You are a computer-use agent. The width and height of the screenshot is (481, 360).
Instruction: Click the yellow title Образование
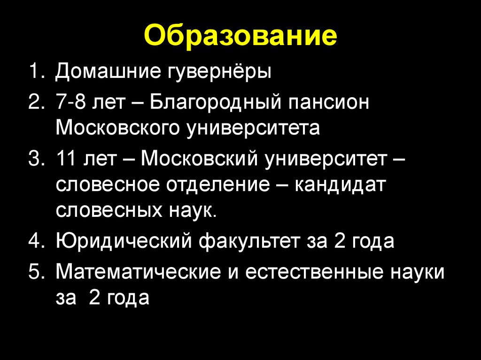[240, 37]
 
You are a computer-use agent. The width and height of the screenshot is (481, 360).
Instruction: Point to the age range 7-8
[71, 103]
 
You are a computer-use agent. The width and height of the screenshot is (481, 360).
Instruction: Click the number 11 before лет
[66, 158]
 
